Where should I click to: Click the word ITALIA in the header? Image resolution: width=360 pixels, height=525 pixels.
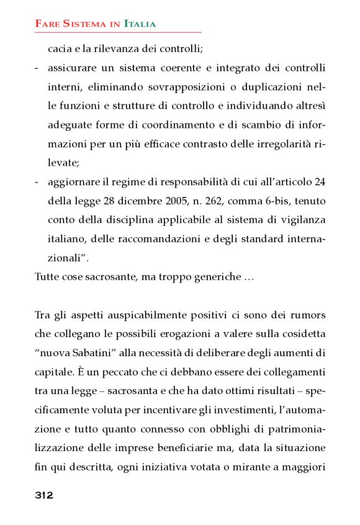pos(140,24)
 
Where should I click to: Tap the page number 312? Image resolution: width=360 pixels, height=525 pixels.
pos(43,495)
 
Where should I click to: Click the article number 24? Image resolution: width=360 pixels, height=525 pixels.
pos(319,182)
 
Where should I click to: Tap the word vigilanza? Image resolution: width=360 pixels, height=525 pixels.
pos(304,220)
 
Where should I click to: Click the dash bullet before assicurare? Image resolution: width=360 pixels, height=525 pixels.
pos(37,67)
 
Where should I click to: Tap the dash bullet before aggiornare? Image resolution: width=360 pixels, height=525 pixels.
pos(37,182)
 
